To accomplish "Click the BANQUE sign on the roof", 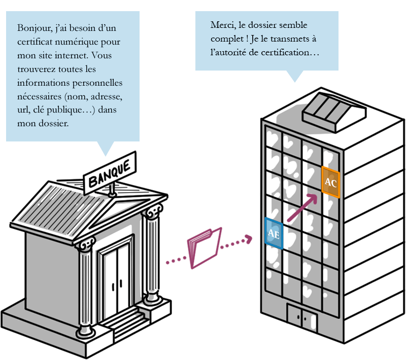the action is (110, 173).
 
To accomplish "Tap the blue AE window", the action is (274, 233).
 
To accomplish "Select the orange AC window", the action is (331, 182).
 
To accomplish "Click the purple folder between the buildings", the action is (205, 248).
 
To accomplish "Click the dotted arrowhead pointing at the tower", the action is (249, 239).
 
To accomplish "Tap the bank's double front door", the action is (117, 280).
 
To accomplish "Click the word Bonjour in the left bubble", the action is (35, 28).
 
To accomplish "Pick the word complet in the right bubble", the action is (227, 40).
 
